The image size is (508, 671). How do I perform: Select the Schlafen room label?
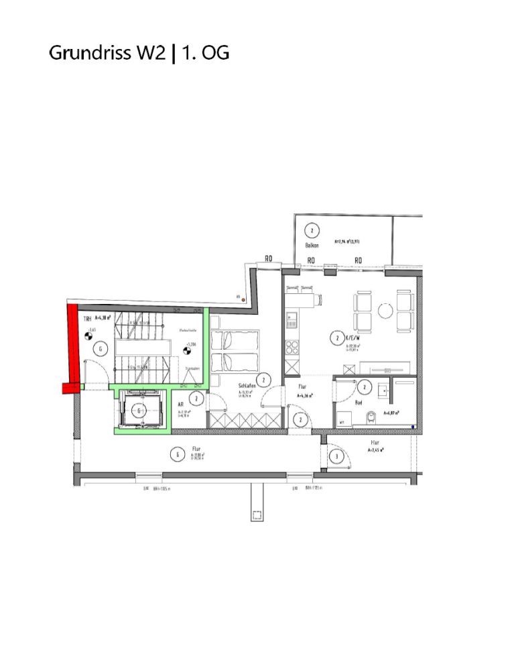(x=248, y=386)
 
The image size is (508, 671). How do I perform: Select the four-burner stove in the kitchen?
(x=292, y=347)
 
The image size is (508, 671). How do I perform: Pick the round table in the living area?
(x=385, y=311)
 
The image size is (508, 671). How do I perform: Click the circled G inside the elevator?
(x=139, y=410)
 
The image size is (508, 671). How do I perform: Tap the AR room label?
(x=181, y=405)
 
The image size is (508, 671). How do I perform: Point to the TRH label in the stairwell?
(x=87, y=319)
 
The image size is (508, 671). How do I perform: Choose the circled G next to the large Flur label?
(x=177, y=455)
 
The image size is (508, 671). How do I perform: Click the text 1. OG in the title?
(x=206, y=54)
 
